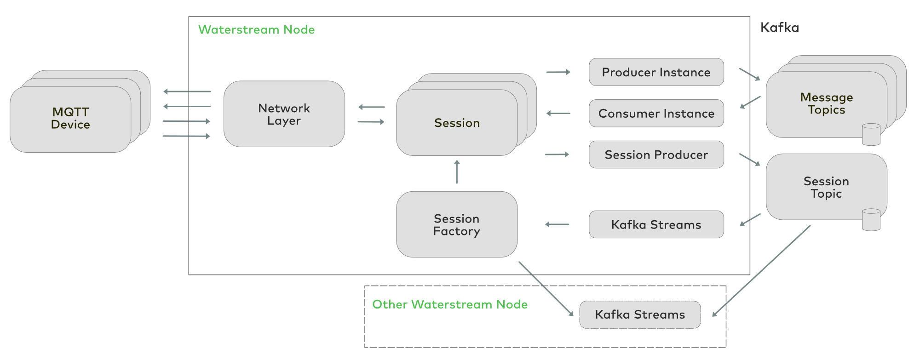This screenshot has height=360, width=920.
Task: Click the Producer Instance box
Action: click(x=656, y=72)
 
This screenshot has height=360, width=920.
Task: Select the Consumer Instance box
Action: click(x=656, y=114)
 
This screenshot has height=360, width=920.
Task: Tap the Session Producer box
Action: click(x=656, y=155)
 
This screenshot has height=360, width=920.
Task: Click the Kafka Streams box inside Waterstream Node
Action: click(x=656, y=225)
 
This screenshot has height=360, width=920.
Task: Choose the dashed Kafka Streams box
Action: click(x=640, y=315)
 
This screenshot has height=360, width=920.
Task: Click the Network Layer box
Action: click(x=284, y=114)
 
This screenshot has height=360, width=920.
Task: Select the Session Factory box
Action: click(x=457, y=224)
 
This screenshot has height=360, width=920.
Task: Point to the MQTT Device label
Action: click(x=70, y=118)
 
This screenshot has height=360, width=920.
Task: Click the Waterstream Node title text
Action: click(x=256, y=30)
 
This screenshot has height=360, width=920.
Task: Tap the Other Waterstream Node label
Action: click(x=450, y=304)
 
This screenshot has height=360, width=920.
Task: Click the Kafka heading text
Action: click(x=780, y=28)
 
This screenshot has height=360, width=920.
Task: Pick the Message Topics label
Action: click(x=827, y=103)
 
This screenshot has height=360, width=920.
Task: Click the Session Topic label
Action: click(x=827, y=187)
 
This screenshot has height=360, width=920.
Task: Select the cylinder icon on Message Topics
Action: click(x=871, y=134)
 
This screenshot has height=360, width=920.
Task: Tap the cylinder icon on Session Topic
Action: click(x=871, y=220)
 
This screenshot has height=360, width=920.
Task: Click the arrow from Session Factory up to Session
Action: click(x=457, y=171)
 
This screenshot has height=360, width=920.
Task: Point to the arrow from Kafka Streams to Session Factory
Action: click(x=557, y=224)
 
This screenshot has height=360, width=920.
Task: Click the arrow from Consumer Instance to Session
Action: click(x=558, y=113)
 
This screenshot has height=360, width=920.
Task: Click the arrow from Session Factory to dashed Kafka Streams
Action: click(x=546, y=289)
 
